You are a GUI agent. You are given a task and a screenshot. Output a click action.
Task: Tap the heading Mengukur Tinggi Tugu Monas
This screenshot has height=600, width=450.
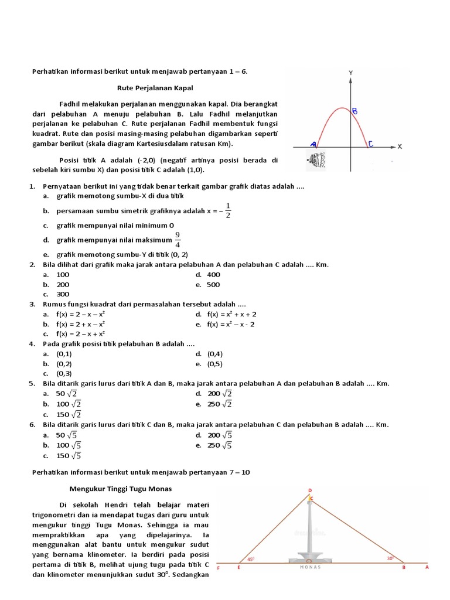121,489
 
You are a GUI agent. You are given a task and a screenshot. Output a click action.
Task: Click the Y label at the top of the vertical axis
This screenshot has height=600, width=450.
350,72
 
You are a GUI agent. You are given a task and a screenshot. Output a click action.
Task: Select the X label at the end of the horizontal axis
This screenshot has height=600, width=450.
400,146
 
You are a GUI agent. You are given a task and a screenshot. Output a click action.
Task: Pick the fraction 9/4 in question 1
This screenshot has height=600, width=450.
178,240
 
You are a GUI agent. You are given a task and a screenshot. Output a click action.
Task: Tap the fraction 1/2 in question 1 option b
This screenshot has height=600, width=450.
228,210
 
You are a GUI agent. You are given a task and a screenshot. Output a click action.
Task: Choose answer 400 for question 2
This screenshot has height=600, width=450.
213,274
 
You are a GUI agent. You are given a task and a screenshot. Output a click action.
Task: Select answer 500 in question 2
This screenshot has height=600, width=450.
213,284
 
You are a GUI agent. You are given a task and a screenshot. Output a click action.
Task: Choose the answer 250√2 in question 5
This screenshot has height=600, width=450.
220,404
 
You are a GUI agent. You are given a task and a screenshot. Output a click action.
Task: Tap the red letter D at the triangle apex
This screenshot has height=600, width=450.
310,490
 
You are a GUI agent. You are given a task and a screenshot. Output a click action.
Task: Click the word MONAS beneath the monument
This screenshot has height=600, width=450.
311,567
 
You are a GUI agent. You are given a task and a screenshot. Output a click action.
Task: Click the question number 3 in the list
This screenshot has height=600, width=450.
33,304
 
